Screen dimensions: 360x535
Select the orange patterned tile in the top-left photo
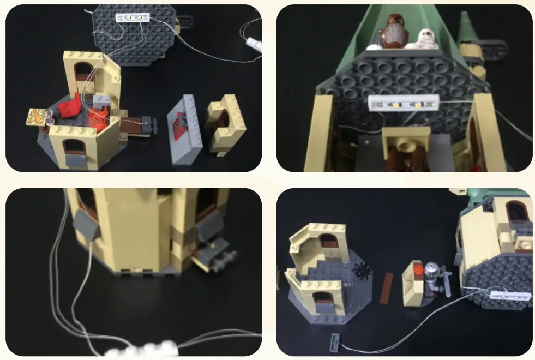[39, 116]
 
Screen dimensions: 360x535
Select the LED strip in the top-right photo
[404, 103]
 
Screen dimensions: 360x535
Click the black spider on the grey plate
[360, 269]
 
